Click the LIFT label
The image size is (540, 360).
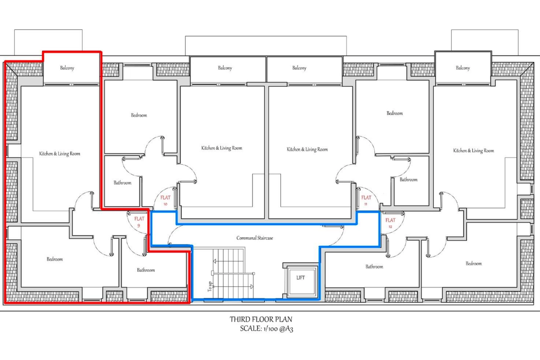point(301,278)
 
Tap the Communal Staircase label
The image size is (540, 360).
point(255,238)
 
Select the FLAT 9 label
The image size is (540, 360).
point(139,222)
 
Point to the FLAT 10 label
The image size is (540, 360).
point(166,200)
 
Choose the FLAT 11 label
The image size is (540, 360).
point(366,200)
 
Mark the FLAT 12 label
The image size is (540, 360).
point(390,223)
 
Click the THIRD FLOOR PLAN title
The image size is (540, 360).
point(261,319)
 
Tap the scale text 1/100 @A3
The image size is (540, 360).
point(278,329)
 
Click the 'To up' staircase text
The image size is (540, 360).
point(210,287)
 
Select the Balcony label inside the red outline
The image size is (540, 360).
point(67,68)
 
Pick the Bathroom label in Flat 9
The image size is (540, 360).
point(146,270)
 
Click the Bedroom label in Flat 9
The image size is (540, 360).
point(55,259)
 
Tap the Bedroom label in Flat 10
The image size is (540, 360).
point(139,115)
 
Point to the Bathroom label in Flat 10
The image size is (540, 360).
point(122,183)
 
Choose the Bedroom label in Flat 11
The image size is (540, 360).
point(395,113)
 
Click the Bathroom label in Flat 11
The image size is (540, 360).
point(409,180)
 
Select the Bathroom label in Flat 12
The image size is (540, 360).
point(374,267)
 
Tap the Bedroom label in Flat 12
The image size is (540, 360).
point(474,264)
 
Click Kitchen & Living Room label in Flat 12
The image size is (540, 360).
point(473,151)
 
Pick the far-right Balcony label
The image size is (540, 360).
point(463,68)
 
